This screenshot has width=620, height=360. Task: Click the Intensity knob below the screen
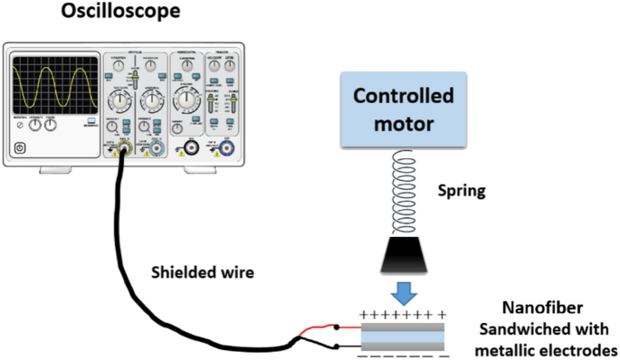(35, 127)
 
